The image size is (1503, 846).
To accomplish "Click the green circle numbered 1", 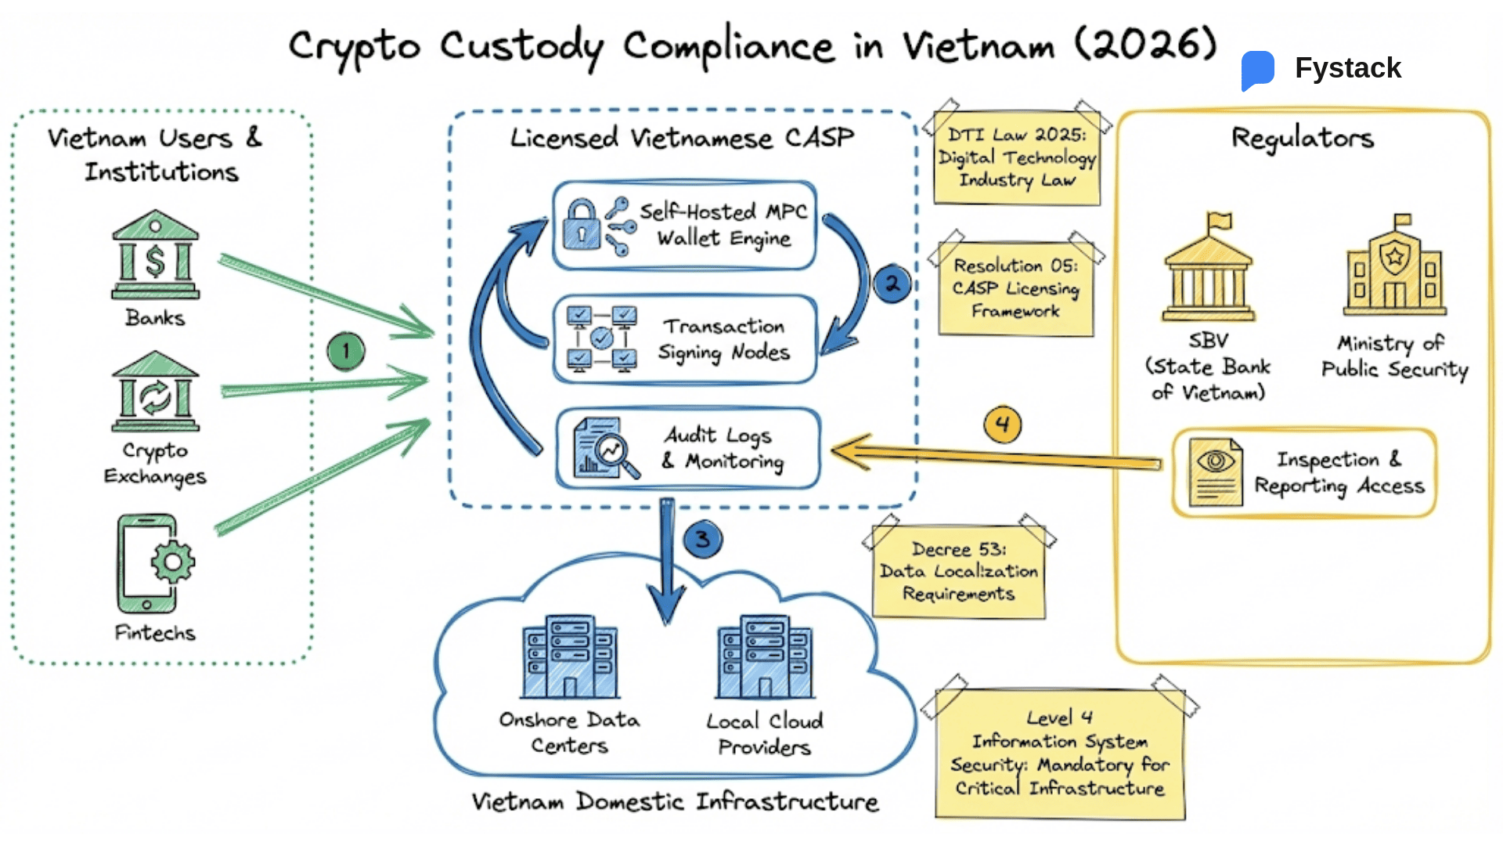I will point(346,351).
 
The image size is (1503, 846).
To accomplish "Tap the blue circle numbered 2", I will point(892,284).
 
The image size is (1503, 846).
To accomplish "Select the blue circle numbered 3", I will point(702,539).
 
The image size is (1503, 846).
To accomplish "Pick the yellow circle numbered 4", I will point(1002,425).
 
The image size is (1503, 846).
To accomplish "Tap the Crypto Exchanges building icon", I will point(155,392).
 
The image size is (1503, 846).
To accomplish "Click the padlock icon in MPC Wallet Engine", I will point(581,225).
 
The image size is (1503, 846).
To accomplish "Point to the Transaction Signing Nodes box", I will point(685,339).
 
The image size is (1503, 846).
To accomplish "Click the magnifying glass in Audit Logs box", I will point(614,453).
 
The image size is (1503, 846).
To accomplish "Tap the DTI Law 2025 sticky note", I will point(1016,158).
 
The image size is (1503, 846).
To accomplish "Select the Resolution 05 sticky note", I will point(1015,288).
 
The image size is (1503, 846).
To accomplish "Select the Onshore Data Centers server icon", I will point(570,657).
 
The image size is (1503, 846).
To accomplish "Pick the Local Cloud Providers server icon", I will point(765,657).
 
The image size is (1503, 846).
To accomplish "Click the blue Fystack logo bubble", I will point(1258,69).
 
